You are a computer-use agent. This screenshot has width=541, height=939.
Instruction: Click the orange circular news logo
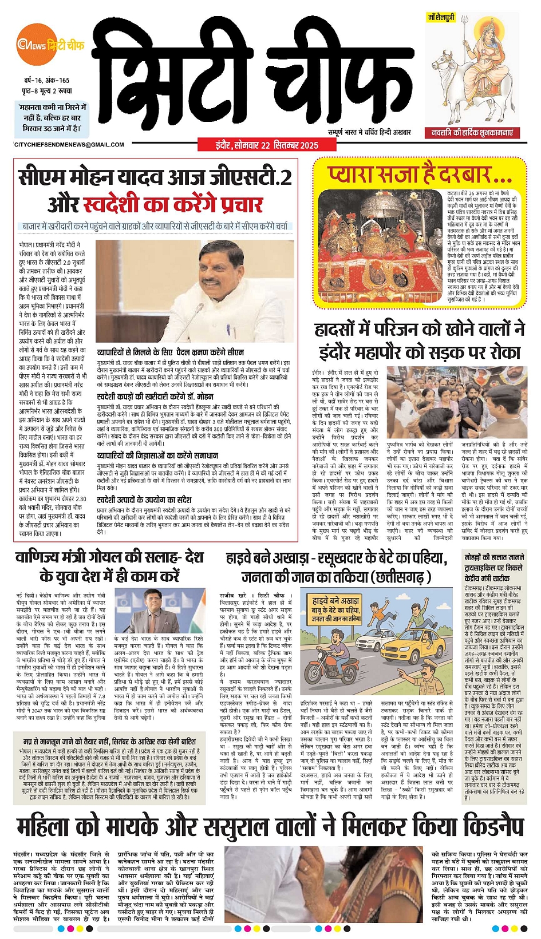(28, 45)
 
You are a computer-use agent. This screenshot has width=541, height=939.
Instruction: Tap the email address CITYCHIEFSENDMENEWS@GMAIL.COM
(69, 145)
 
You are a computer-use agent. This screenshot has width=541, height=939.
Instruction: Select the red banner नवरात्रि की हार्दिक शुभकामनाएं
(473, 133)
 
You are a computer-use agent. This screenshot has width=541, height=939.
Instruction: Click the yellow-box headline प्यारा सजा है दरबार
(419, 174)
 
